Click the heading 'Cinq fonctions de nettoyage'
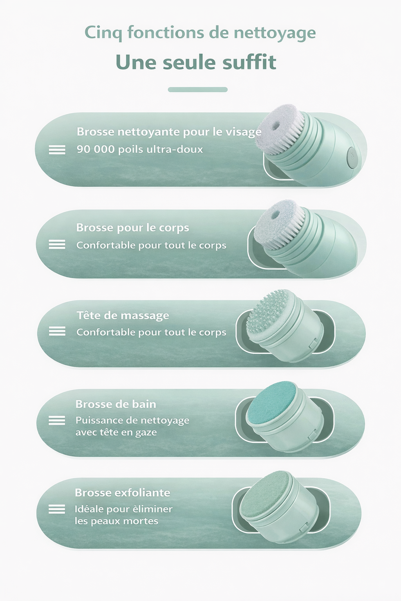200,33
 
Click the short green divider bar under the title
198,90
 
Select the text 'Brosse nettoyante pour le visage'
169,132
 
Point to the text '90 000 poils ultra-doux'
140,149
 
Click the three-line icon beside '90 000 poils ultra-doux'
57,150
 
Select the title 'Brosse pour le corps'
132,228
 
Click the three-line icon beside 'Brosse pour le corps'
57,245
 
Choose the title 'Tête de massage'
123,315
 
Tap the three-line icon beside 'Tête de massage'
57,331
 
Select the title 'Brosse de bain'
116,404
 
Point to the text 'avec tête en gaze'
116,433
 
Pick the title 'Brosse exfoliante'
122,493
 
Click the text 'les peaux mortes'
116,522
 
